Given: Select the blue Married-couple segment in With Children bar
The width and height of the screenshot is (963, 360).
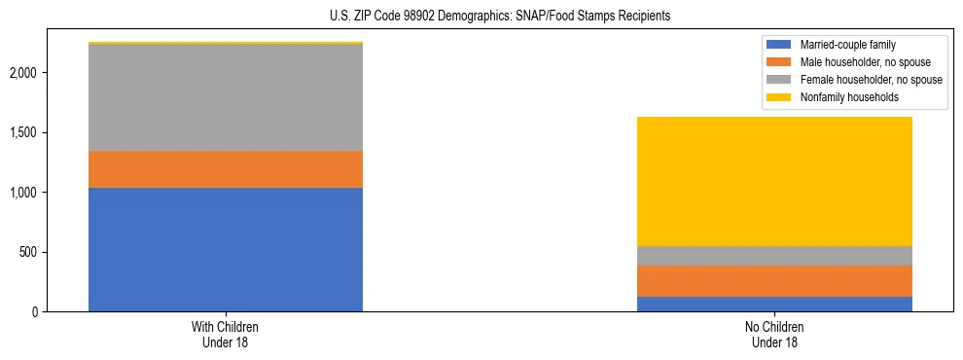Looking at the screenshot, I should [x=226, y=249].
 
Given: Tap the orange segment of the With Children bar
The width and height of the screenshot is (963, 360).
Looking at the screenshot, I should [x=226, y=169].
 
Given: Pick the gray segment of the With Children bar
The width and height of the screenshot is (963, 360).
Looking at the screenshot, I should [x=226, y=97].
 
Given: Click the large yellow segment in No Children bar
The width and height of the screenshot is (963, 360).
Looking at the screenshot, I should [x=774, y=181].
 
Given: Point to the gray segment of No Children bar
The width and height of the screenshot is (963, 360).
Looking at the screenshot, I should [x=774, y=256].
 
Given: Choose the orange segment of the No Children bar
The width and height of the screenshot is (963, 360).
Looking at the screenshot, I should [x=774, y=281].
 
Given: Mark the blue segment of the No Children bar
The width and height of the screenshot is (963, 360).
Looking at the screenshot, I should [x=774, y=304].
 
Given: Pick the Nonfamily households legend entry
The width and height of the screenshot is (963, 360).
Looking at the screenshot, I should [x=846, y=97].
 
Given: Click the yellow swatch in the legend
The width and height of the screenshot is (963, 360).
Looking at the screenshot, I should [x=779, y=97].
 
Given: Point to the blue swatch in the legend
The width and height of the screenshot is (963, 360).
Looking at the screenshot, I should [x=779, y=45].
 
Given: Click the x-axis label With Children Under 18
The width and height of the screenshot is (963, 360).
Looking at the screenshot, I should [x=226, y=335].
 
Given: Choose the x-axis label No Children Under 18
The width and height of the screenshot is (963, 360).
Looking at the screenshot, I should [x=774, y=335].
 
